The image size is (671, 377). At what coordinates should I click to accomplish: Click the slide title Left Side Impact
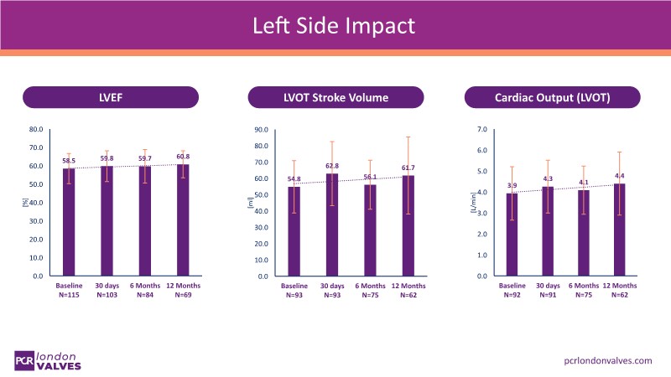click(335, 26)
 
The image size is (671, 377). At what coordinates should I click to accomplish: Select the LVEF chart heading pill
click(112, 97)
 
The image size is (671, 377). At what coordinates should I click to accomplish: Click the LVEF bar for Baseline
click(69, 222)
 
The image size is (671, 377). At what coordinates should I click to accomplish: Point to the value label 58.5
click(69, 161)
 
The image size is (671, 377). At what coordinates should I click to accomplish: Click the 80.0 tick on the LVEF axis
click(35, 130)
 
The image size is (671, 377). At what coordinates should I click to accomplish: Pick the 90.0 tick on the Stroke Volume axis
click(261, 130)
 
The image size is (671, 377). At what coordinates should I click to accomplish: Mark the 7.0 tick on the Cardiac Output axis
click(481, 130)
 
